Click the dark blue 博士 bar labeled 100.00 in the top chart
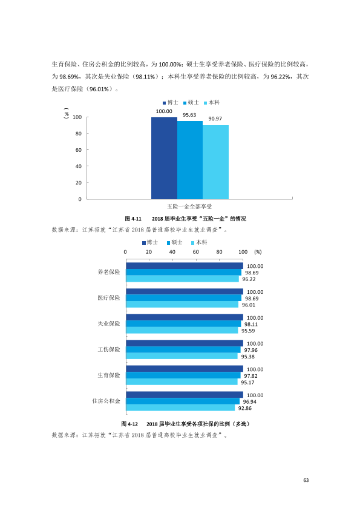pyautogui.click(x=164, y=158)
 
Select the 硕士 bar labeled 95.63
pyautogui.click(x=190, y=160)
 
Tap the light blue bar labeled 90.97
pyautogui.click(x=215, y=162)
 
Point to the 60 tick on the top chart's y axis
pyautogui.click(x=78, y=150)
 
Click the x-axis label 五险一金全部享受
pyautogui.click(x=189, y=207)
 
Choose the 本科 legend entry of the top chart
pyautogui.click(x=212, y=103)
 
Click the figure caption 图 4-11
pyautogui.click(x=133, y=219)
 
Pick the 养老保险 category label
pyautogui.click(x=109, y=272)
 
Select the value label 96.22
pyautogui.click(x=249, y=279)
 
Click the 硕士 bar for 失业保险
pyautogui.click(x=183, y=324)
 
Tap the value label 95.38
pyautogui.click(x=248, y=357)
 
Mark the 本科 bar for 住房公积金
pyautogui.click(x=181, y=407)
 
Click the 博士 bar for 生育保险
pyautogui.click(x=185, y=369)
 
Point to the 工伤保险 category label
pyautogui.click(x=109, y=349)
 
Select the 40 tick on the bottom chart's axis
pyautogui.click(x=172, y=252)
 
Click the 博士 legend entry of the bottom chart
pyautogui.click(x=150, y=242)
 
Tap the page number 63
pyautogui.click(x=306, y=480)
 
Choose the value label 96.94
pyautogui.click(x=250, y=402)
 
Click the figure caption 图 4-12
pyautogui.click(x=129, y=424)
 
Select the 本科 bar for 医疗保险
pyautogui.click(x=182, y=305)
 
